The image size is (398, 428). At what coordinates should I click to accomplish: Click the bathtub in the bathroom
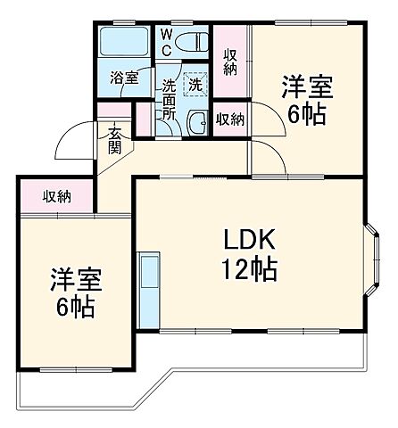125,43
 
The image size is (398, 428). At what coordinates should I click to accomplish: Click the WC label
166,41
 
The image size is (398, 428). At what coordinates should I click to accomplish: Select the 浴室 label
124,78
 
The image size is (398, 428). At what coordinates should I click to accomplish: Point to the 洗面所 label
169,102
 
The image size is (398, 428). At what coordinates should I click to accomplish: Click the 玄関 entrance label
116,140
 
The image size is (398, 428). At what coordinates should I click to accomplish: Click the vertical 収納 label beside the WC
228,59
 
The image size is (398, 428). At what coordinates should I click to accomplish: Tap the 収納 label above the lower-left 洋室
58,196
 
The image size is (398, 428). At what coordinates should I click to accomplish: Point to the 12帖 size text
249,267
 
